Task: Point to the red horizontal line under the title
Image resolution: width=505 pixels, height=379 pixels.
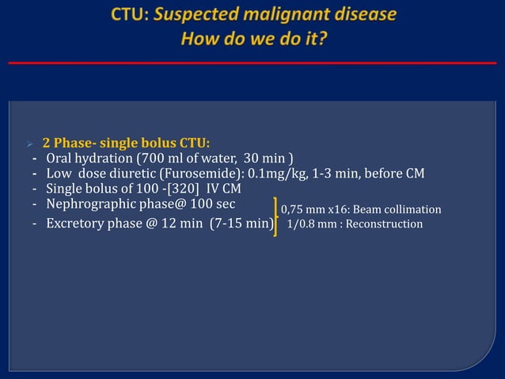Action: pos(252,63)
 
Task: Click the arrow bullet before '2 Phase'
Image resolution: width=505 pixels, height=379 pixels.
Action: pos(28,144)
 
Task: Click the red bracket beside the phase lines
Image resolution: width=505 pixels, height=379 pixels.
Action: pos(276,216)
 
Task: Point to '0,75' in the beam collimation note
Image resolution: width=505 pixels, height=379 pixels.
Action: pos(294,209)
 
